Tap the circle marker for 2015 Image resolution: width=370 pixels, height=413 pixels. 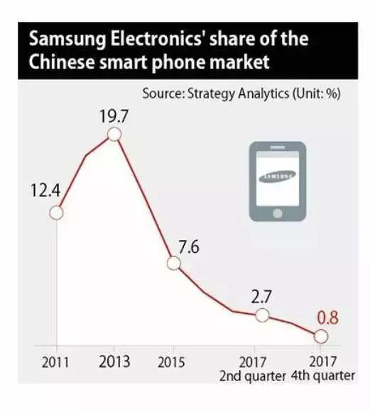coord(175,263)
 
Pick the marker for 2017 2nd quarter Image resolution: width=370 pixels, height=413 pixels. coord(262,315)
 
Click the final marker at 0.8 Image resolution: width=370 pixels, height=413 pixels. coord(322,336)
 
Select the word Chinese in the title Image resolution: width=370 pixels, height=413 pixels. coord(62,62)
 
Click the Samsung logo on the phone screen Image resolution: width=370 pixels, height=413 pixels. coord(277,176)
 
